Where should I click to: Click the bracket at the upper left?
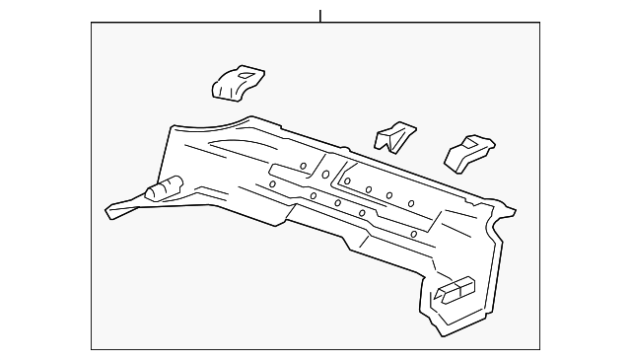tap(238, 82)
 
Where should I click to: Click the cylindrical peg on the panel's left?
tap(165, 187)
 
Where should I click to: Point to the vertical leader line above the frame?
tap(320, 15)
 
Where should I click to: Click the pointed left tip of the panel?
tap(107, 211)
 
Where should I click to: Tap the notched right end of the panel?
tap(508, 210)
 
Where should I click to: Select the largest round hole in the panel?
tap(324, 175)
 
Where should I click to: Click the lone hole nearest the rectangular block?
tap(412, 233)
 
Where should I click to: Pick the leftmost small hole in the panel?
tap(271, 184)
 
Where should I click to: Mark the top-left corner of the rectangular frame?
tap(92, 24)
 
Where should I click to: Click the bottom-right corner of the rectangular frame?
tap(539, 348)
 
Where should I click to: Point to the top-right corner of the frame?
tap(539, 24)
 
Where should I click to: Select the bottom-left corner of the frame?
tap(92, 348)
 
